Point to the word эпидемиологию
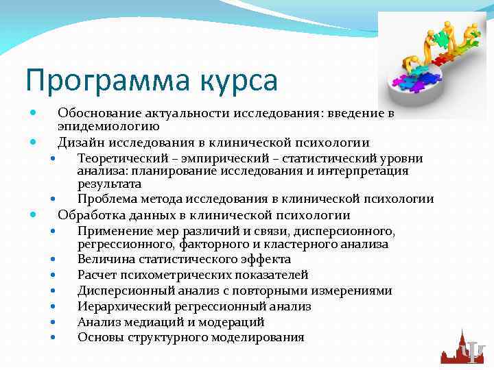pos(108,125)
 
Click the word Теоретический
pos(119,158)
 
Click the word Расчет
pos(96,275)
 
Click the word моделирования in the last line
pos(261,337)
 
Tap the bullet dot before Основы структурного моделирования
pos(53,338)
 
